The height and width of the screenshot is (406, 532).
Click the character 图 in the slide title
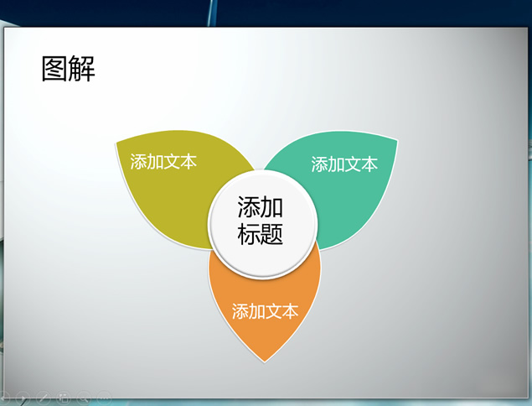click(x=54, y=69)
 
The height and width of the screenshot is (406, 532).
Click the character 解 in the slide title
click(x=81, y=69)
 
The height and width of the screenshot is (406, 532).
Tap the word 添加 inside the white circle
click(x=261, y=206)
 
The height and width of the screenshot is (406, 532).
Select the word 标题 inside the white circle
click(x=261, y=233)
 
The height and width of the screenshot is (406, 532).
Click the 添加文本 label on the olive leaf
click(x=163, y=161)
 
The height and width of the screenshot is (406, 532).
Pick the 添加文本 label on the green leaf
click(x=344, y=164)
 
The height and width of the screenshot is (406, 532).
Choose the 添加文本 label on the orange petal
click(x=265, y=311)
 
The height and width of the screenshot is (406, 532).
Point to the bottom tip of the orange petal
click(x=264, y=362)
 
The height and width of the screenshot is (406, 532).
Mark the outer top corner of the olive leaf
click(x=116, y=143)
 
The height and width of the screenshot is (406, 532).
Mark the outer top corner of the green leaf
click(x=397, y=139)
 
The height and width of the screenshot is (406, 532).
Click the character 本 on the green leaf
click(x=369, y=164)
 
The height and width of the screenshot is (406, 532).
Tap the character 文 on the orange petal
click(x=273, y=311)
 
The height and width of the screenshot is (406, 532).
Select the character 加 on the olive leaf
click(x=155, y=161)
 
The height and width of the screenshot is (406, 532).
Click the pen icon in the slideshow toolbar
click(x=44, y=397)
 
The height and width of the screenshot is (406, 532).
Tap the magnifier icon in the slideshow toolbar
click(x=84, y=397)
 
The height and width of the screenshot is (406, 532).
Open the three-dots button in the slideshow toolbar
click(x=104, y=396)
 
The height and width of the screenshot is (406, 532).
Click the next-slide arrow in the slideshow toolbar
click(x=23, y=398)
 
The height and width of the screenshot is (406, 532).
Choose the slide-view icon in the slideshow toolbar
click(x=64, y=397)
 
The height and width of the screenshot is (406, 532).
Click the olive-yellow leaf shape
click(x=169, y=190)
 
